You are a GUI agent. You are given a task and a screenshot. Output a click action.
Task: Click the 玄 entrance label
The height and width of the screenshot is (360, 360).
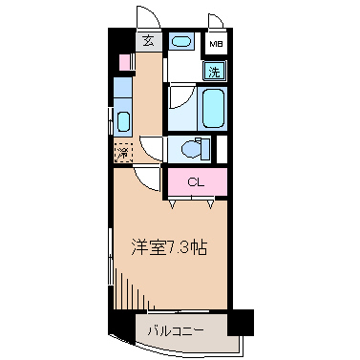point(149,40)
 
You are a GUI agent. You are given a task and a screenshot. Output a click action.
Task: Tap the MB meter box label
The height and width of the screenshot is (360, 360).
point(218,44)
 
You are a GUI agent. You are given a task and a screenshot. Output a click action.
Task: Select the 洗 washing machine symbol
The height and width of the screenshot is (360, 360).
point(216,70)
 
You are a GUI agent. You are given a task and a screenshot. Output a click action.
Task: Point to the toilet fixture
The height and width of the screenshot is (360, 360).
point(191,150)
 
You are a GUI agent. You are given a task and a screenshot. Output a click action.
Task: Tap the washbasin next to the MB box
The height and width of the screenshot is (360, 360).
point(180,41)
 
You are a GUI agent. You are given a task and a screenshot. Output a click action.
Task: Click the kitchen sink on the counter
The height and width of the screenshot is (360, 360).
point(122,120)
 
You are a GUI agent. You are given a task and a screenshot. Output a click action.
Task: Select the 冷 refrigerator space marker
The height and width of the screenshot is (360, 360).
point(122,151)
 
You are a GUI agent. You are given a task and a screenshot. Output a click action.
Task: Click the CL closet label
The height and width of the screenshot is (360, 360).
point(196,181)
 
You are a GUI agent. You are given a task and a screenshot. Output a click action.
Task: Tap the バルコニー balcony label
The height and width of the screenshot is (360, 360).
point(176,331)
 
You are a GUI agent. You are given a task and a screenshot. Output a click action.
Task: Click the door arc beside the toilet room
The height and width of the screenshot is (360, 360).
point(152,149)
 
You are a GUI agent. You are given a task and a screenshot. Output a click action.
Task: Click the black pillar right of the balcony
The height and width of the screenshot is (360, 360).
point(242,322)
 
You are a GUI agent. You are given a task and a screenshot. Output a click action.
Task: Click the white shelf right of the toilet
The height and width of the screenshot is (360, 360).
point(221,149)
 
